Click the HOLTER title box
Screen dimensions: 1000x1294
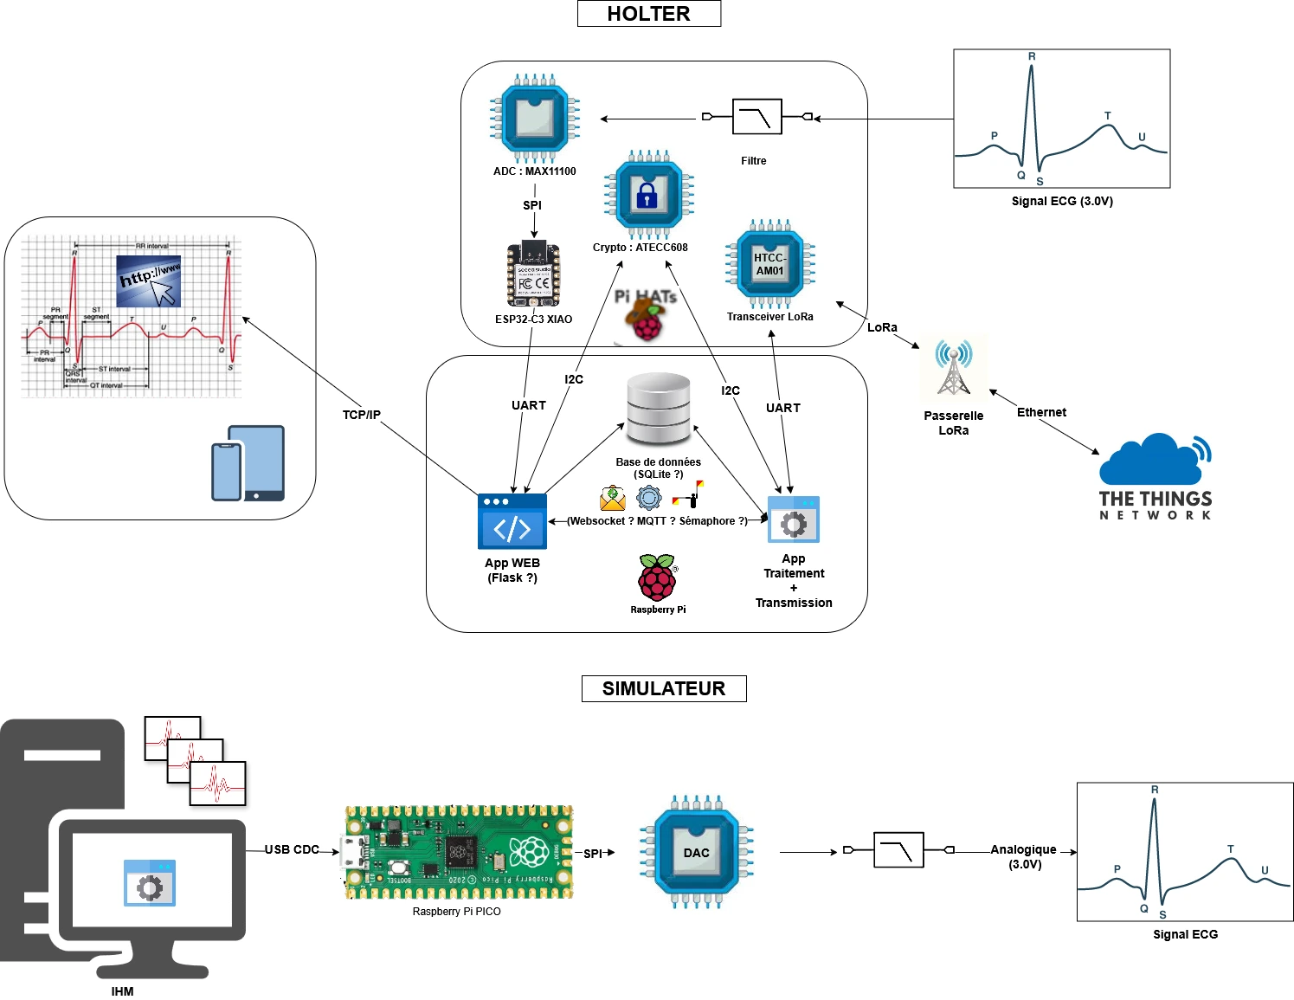648,14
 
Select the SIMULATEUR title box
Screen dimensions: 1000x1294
663,688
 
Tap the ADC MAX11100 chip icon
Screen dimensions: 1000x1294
534,119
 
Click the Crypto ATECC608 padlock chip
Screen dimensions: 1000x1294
648,195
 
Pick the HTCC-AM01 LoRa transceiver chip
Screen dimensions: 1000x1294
769,264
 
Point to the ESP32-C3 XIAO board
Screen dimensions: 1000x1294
533,274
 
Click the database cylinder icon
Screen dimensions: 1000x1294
659,409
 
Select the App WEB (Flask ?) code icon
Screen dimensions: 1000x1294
512,521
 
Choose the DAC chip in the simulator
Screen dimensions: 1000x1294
696,852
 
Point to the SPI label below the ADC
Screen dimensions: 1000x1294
532,205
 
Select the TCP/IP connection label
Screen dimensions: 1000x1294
361,415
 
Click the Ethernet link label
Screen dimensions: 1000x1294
1041,412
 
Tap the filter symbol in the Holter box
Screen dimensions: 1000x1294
756,117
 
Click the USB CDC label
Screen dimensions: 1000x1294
292,849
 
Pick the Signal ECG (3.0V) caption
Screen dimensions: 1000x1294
1062,201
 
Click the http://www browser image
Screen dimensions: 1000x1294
149,281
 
